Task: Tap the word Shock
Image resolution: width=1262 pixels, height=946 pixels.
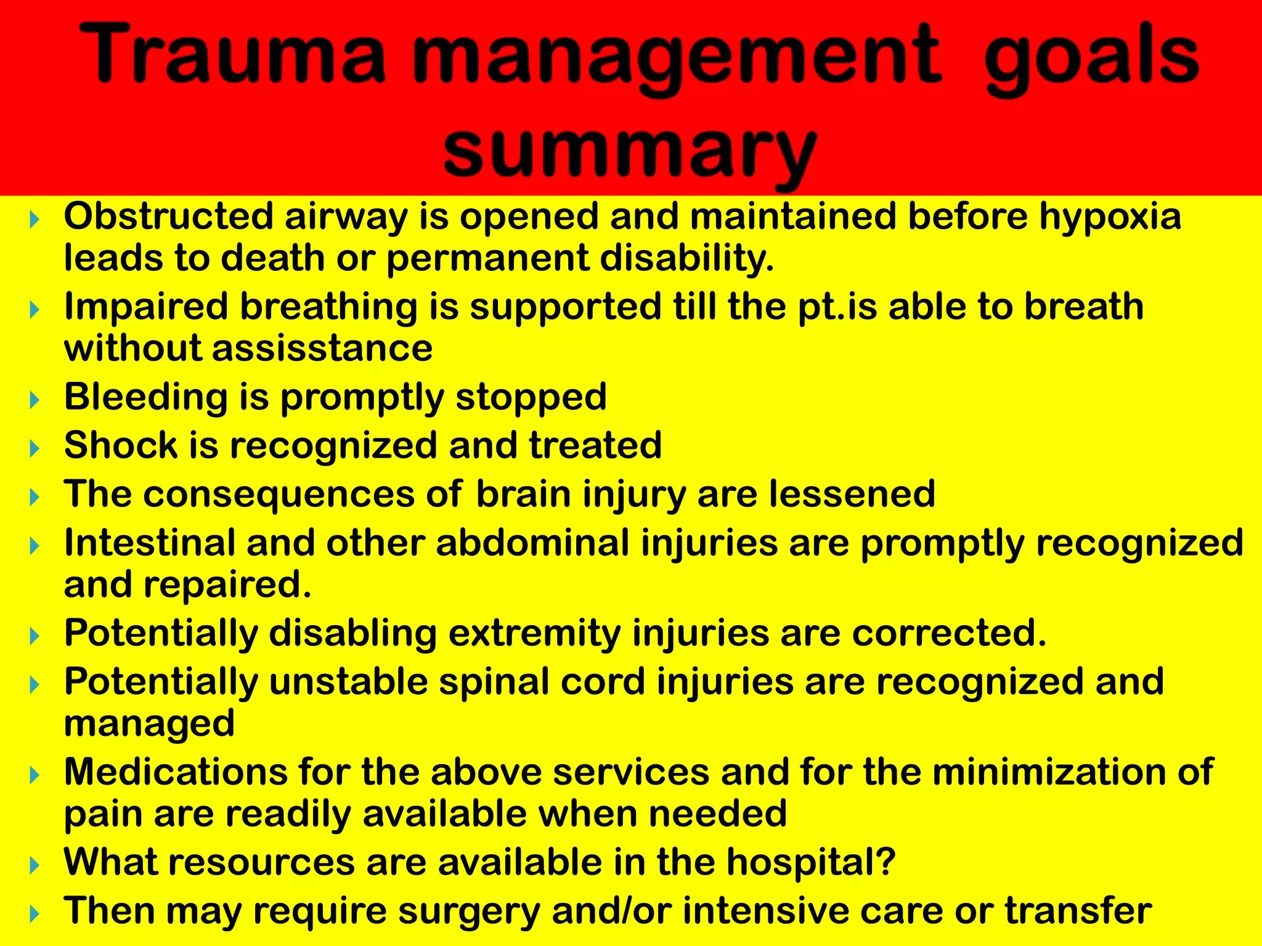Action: click(121, 445)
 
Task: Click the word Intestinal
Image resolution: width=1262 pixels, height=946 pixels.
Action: click(150, 543)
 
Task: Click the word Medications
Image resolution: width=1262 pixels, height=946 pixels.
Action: click(176, 772)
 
